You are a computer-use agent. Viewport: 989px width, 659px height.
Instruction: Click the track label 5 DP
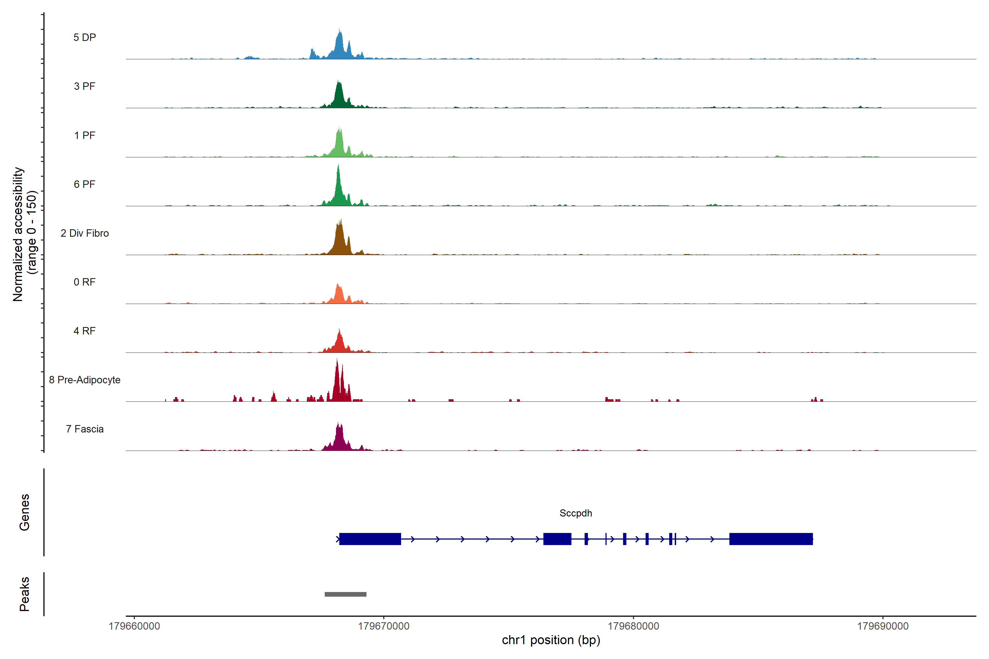(85, 37)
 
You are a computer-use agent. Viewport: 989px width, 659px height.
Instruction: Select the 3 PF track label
(85, 86)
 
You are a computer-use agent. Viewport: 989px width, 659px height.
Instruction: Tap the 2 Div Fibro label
(85, 233)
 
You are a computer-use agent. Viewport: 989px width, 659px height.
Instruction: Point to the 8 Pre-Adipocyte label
(85, 380)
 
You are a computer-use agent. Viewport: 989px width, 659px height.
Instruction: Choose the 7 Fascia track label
(85, 429)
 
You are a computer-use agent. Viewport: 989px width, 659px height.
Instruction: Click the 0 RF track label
(85, 282)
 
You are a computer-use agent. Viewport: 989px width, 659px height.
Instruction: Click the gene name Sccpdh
(575, 513)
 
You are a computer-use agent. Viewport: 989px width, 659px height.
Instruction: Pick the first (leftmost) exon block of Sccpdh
(370, 539)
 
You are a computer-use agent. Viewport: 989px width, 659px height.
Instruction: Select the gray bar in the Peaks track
(345, 594)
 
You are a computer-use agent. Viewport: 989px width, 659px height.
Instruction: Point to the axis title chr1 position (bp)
(551, 640)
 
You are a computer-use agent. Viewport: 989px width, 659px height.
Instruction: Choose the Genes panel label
(24, 512)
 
